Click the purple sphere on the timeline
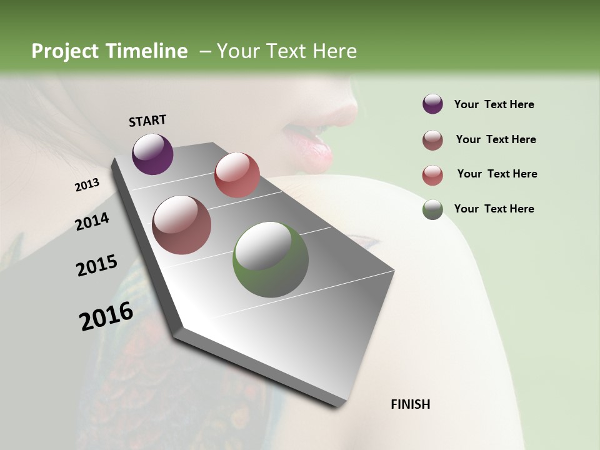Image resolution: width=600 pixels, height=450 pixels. (152, 154)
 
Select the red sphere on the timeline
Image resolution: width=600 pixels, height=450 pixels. (237, 175)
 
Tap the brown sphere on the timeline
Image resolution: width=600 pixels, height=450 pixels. (182, 225)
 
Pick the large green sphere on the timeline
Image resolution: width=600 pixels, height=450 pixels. (271, 260)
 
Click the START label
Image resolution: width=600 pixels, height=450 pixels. (147, 121)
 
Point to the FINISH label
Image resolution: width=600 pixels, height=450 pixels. (411, 404)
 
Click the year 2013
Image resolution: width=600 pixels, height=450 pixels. (87, 185)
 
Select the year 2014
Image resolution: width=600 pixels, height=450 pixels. (92, 222)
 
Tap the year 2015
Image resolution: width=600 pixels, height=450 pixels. (97, 266)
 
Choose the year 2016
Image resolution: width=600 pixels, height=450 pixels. (106, 316)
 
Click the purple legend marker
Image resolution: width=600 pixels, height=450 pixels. (432, 104)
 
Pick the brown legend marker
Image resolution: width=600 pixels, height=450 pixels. (432, 139)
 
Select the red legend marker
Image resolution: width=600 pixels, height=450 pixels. (432, 174)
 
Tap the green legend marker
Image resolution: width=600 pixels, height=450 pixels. (432, 209)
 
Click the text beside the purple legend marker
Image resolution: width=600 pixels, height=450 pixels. (494, 104)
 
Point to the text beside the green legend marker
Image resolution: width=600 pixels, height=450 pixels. (494, 209)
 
